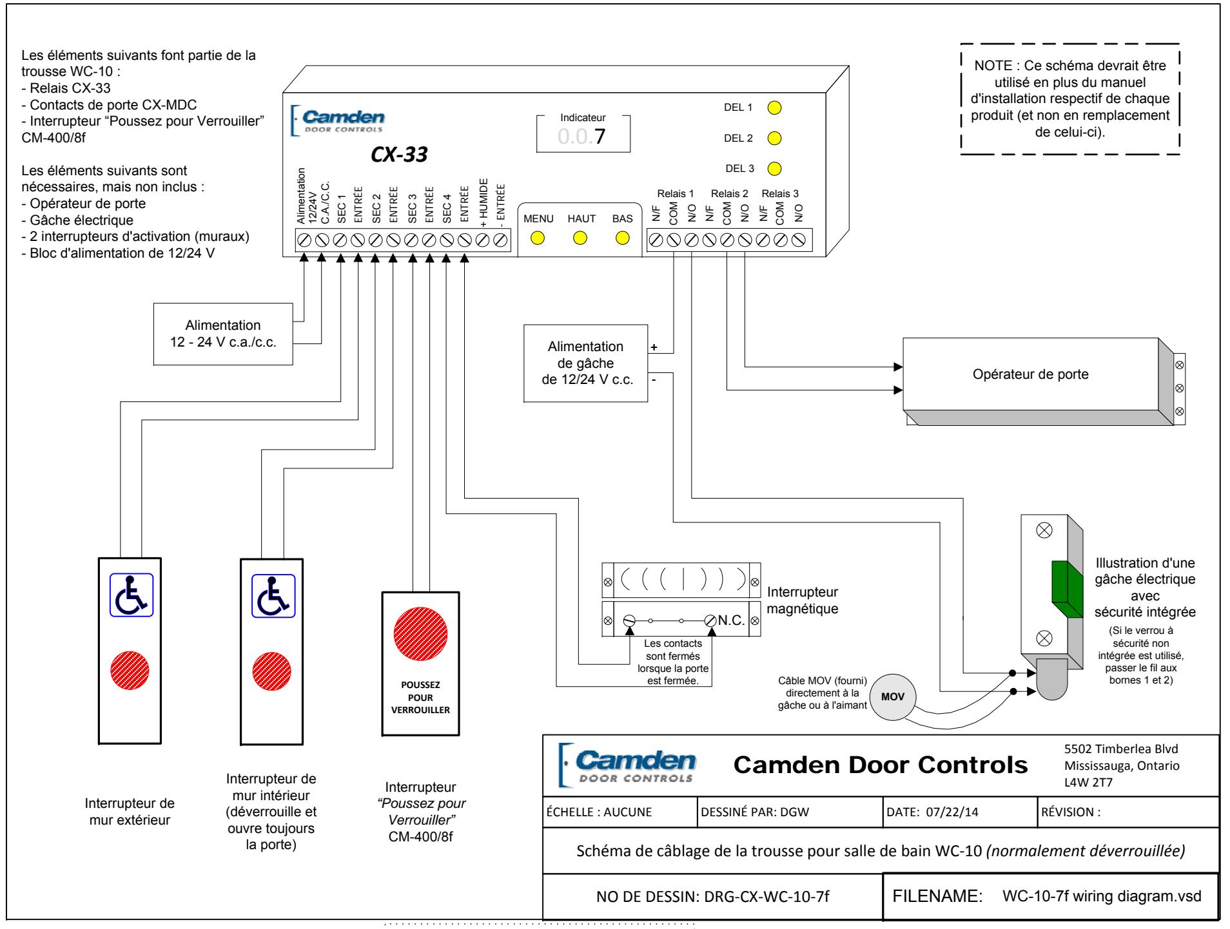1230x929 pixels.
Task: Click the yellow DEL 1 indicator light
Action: (x=775, y=108)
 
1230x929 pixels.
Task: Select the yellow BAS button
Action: (x=622, y=238)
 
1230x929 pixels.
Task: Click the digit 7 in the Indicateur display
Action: (x=601, y=137)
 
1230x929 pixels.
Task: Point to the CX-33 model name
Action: (x=399, y=155)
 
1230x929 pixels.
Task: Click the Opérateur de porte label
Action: (x=1030, y=374)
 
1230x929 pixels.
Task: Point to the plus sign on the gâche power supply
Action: (x=654, y=347)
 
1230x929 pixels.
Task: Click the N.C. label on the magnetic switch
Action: (x=731, y=620)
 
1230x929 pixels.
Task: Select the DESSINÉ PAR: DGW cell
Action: (x=789, y=812)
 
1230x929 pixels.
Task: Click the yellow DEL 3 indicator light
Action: (x=775, y=169)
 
